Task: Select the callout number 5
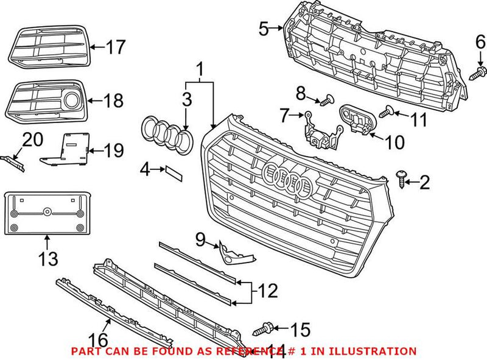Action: click(x=262, y=27)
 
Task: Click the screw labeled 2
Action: click(x=401, y=177)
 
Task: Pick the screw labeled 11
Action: click(x=384, y=112)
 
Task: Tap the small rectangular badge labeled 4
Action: click(x=173, y=174)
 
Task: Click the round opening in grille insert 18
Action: click(x=72, y=99)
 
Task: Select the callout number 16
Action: click(x=99, y=338)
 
